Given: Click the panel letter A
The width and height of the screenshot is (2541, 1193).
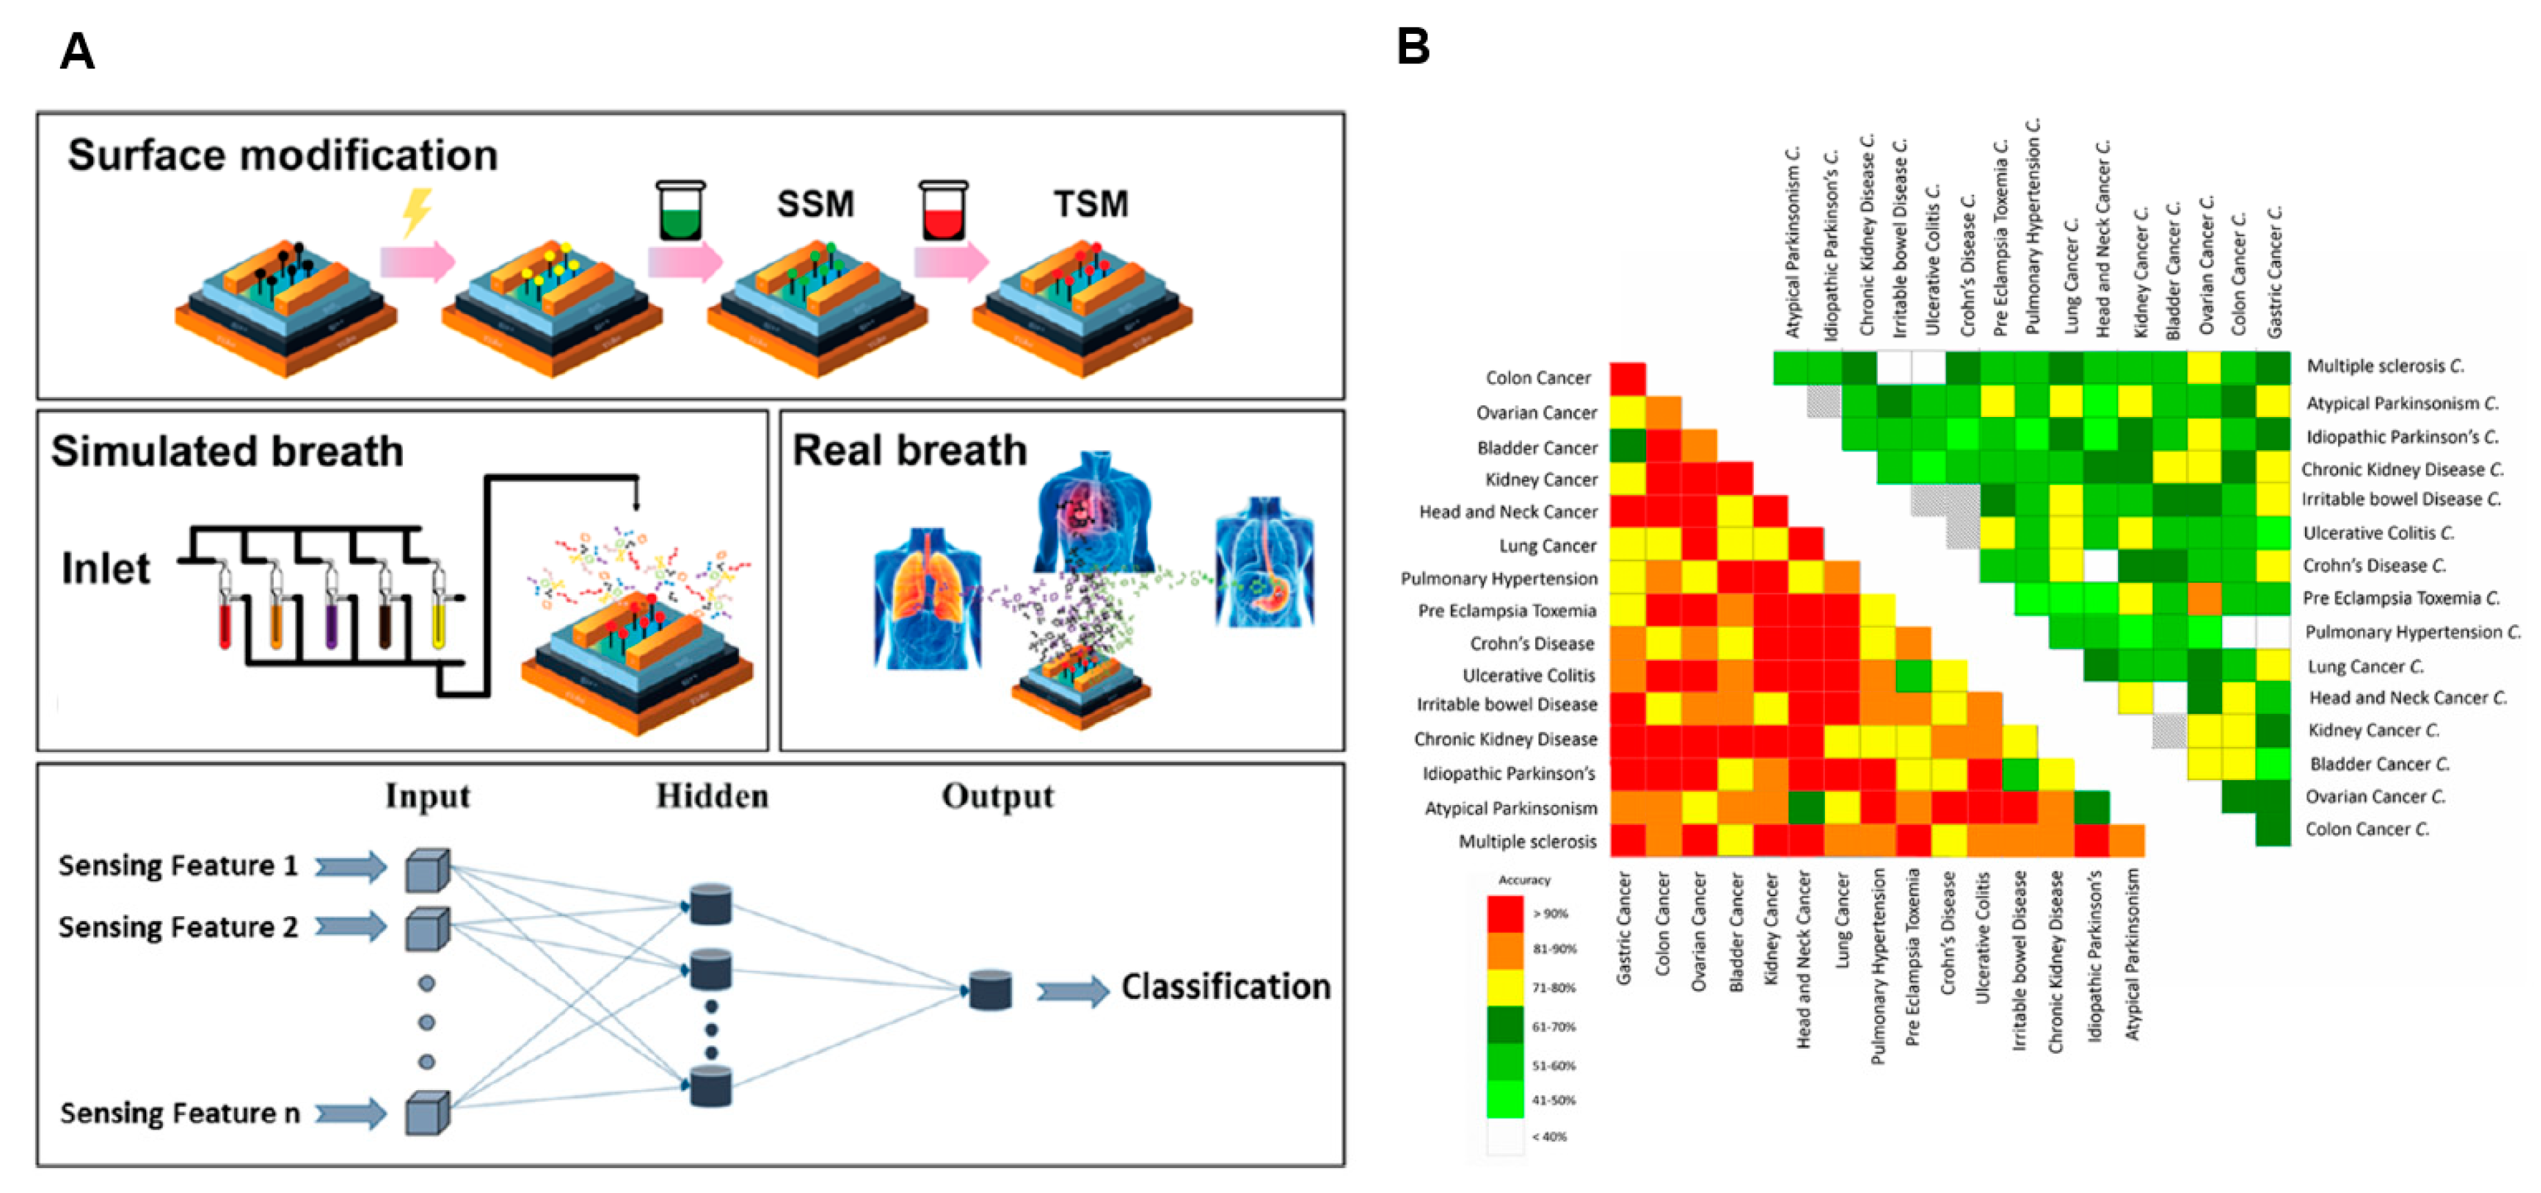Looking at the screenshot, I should coord(77,50).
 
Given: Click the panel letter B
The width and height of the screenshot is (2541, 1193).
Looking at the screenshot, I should coord(1412,46).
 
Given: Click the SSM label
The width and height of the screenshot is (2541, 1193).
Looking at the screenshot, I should coord(815,204).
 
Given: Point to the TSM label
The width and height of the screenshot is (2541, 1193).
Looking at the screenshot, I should coord(1090,204).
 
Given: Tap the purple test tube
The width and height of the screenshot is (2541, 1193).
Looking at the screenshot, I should coord(331,617).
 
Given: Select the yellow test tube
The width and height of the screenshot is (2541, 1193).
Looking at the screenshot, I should coord(439,617).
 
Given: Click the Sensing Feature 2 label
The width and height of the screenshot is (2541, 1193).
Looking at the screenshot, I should coord(177,927).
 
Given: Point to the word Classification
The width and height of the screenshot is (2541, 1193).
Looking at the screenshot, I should coord(1225,987).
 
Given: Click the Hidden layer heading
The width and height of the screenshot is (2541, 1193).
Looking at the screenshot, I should coord(712,796).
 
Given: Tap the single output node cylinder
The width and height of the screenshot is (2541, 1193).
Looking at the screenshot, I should coord(989,990).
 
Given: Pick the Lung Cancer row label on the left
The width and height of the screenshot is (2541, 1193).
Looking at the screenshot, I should coord(1547,545).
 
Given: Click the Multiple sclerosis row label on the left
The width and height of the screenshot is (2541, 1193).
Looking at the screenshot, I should coord(1527,842).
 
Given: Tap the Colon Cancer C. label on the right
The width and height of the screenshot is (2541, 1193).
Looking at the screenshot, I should coord(2366,829).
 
